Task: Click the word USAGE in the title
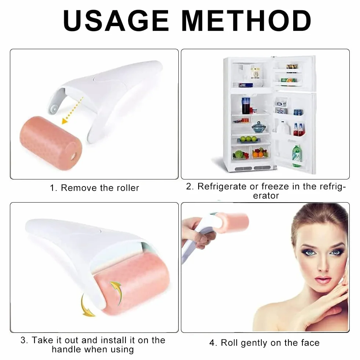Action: (116, 21)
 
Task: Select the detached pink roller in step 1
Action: (51, 143)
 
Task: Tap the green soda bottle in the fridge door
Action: (297, 156)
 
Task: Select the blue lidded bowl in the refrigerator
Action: (259, 127)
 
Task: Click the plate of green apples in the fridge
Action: (249, 139)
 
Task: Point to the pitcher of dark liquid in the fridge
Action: (246, 106)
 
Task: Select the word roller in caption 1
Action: (128, 188)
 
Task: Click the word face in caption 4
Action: (310, 343)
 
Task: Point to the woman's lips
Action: (323, 280)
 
